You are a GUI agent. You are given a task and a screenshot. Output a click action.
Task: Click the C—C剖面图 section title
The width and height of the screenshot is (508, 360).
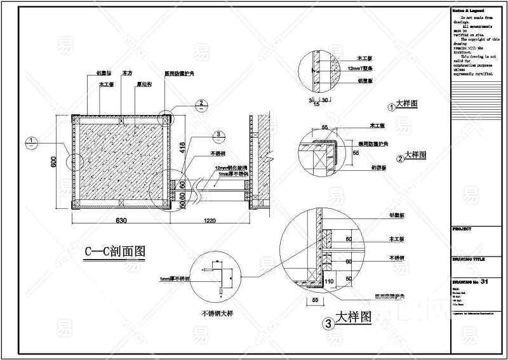[116, 252]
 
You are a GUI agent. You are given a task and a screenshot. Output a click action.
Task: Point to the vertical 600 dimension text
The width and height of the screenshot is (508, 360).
[53, 163]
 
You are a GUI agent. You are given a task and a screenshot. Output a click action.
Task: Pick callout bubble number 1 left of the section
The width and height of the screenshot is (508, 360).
[30, 141]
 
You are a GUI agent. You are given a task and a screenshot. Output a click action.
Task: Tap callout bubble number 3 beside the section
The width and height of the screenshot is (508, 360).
[217, 135]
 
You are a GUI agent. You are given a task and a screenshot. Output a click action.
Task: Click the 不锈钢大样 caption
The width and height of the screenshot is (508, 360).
[218, 313]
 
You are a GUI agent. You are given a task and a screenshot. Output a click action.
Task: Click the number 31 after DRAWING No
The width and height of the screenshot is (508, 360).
[485, 281]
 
